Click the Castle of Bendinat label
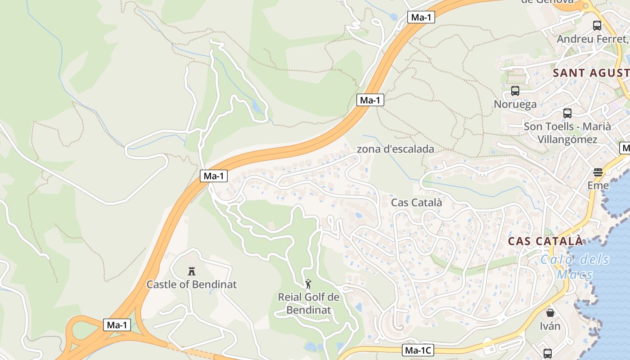click(192, 284)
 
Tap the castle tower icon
click(192, 271)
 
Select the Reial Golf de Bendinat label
click(309, 303)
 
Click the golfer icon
click(308, 284)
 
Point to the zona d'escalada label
click(396, 149)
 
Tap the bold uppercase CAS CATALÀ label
click(545, 241)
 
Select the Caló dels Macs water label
click(575, 266)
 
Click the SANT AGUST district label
click(590, 73)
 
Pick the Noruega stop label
click(515, 104)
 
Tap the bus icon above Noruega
click(515, 91)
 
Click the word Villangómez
click(567, 139)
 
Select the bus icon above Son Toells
click(567, 113)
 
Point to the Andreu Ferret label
click(592, 39)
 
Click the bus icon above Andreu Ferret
click(597, 26)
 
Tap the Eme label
click(598, 185)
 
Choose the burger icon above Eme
click(598, 172)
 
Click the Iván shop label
click(550, 326)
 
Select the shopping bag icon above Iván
click(550, 313)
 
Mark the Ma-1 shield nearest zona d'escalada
click(370, 100)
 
